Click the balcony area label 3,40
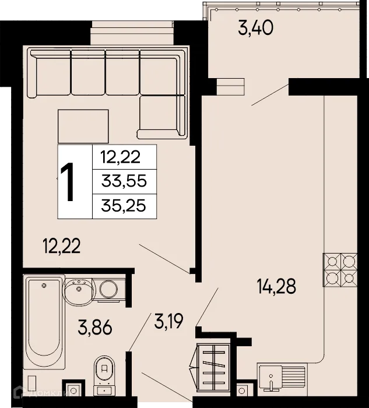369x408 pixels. [256, 27]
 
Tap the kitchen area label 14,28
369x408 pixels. [277, 286]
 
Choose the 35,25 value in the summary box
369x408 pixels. [124, 205]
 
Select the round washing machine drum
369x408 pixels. [108, 289]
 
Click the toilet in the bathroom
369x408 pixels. [106, 373]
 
